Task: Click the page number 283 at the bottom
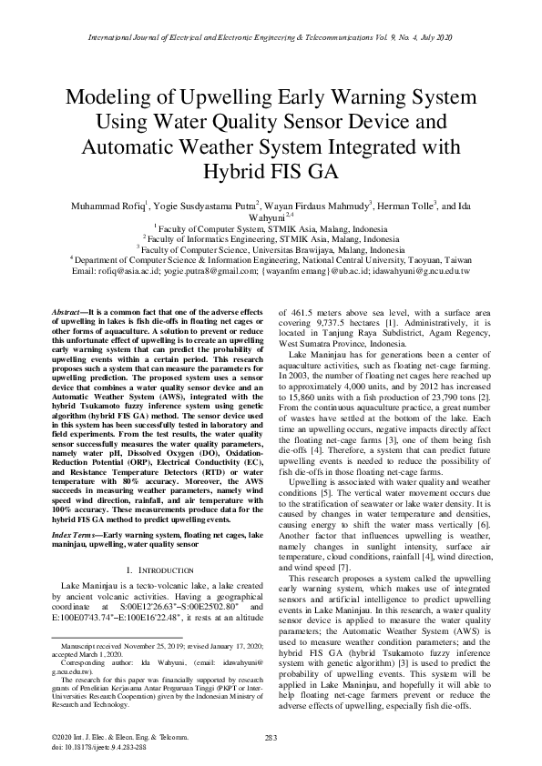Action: pos(271,736)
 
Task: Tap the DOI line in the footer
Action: pos(97,745)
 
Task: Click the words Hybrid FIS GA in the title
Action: pos(271,171)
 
